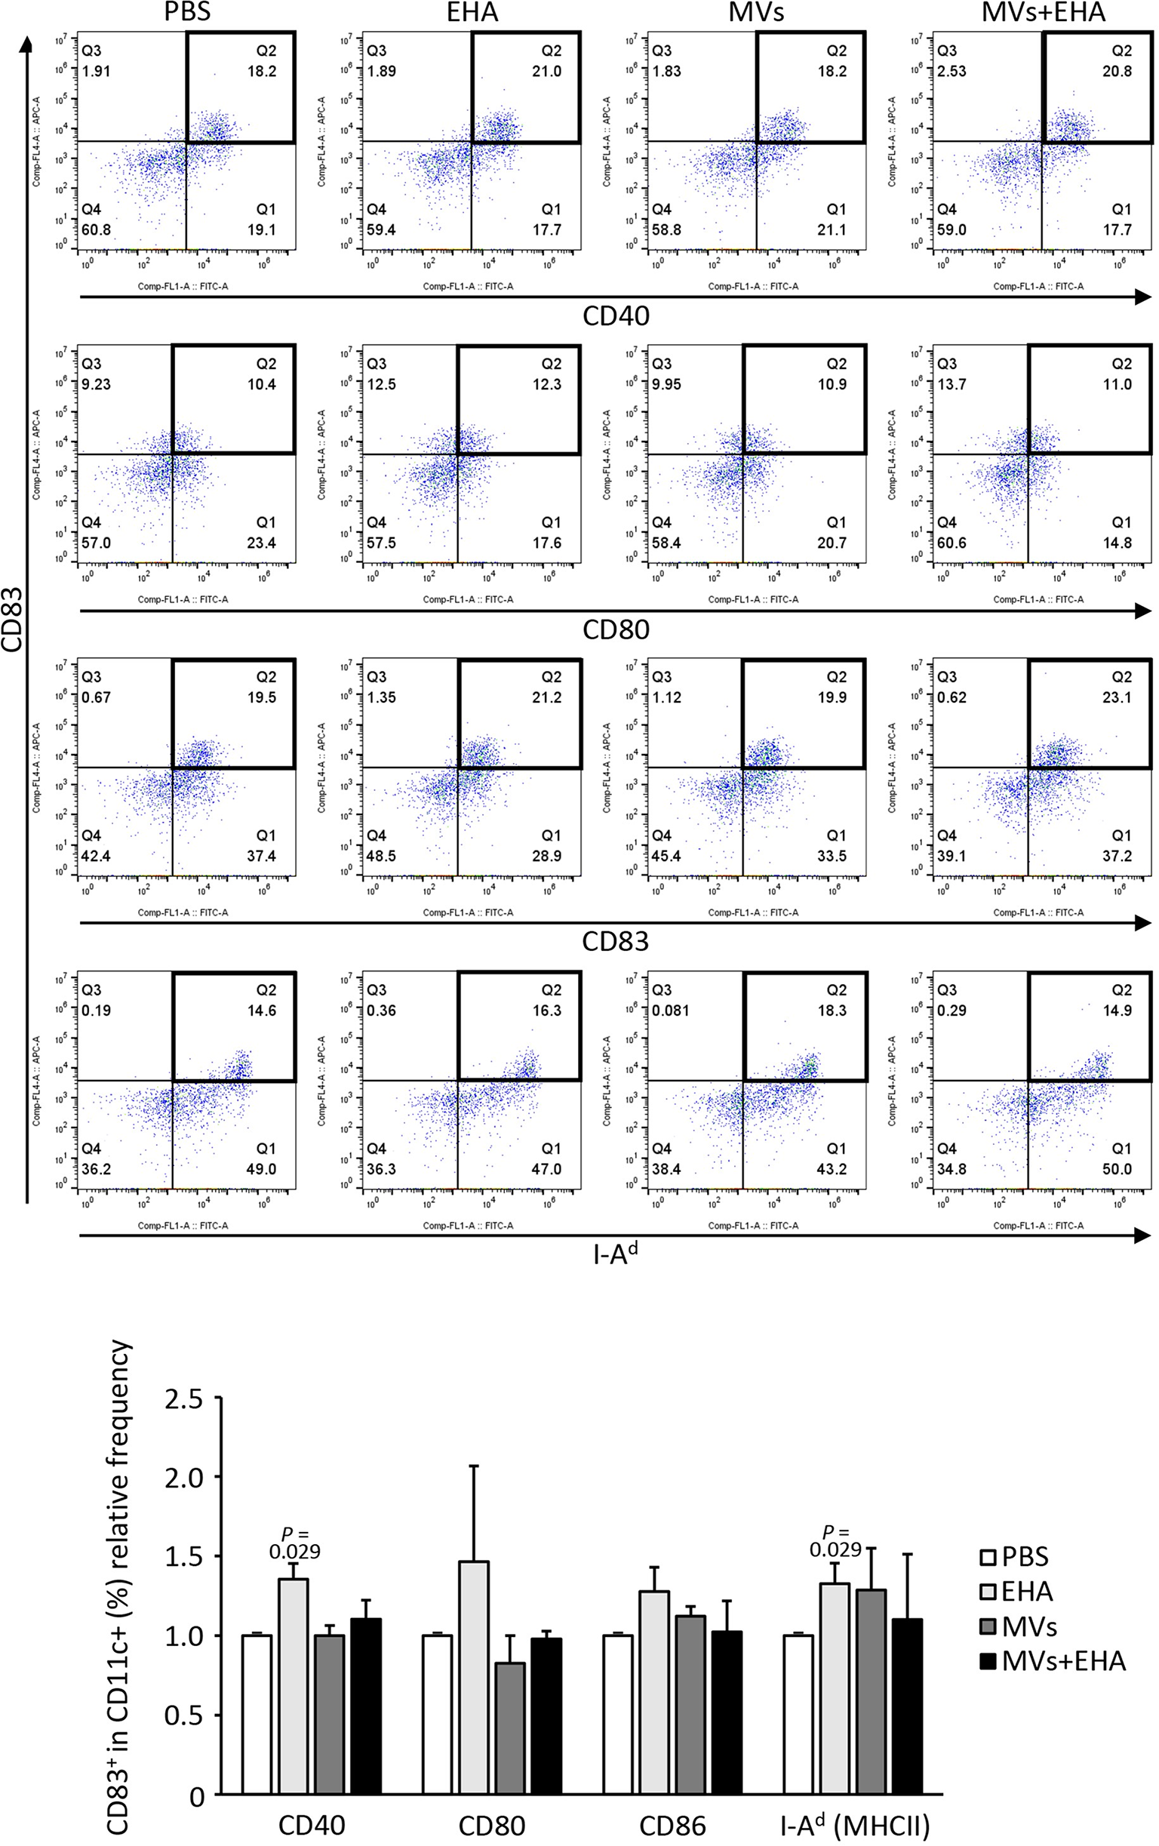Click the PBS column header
[x=187, y=12]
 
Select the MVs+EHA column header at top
[x=1044, y=12]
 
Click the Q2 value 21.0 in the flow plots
[x=546, y=71]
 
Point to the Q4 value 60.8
[x=96, y=230]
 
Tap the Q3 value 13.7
[x=951, y=385]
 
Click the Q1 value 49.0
[x=261, y=1169]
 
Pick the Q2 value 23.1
[x=1117, y=697]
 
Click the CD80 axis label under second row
[x=616, y=630]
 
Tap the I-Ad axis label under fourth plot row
[x=616, y=1254]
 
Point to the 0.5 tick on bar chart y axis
[x=183, y=1715]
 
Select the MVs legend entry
[x=1019, y=1626]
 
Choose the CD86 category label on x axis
[x=672, y=1827]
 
